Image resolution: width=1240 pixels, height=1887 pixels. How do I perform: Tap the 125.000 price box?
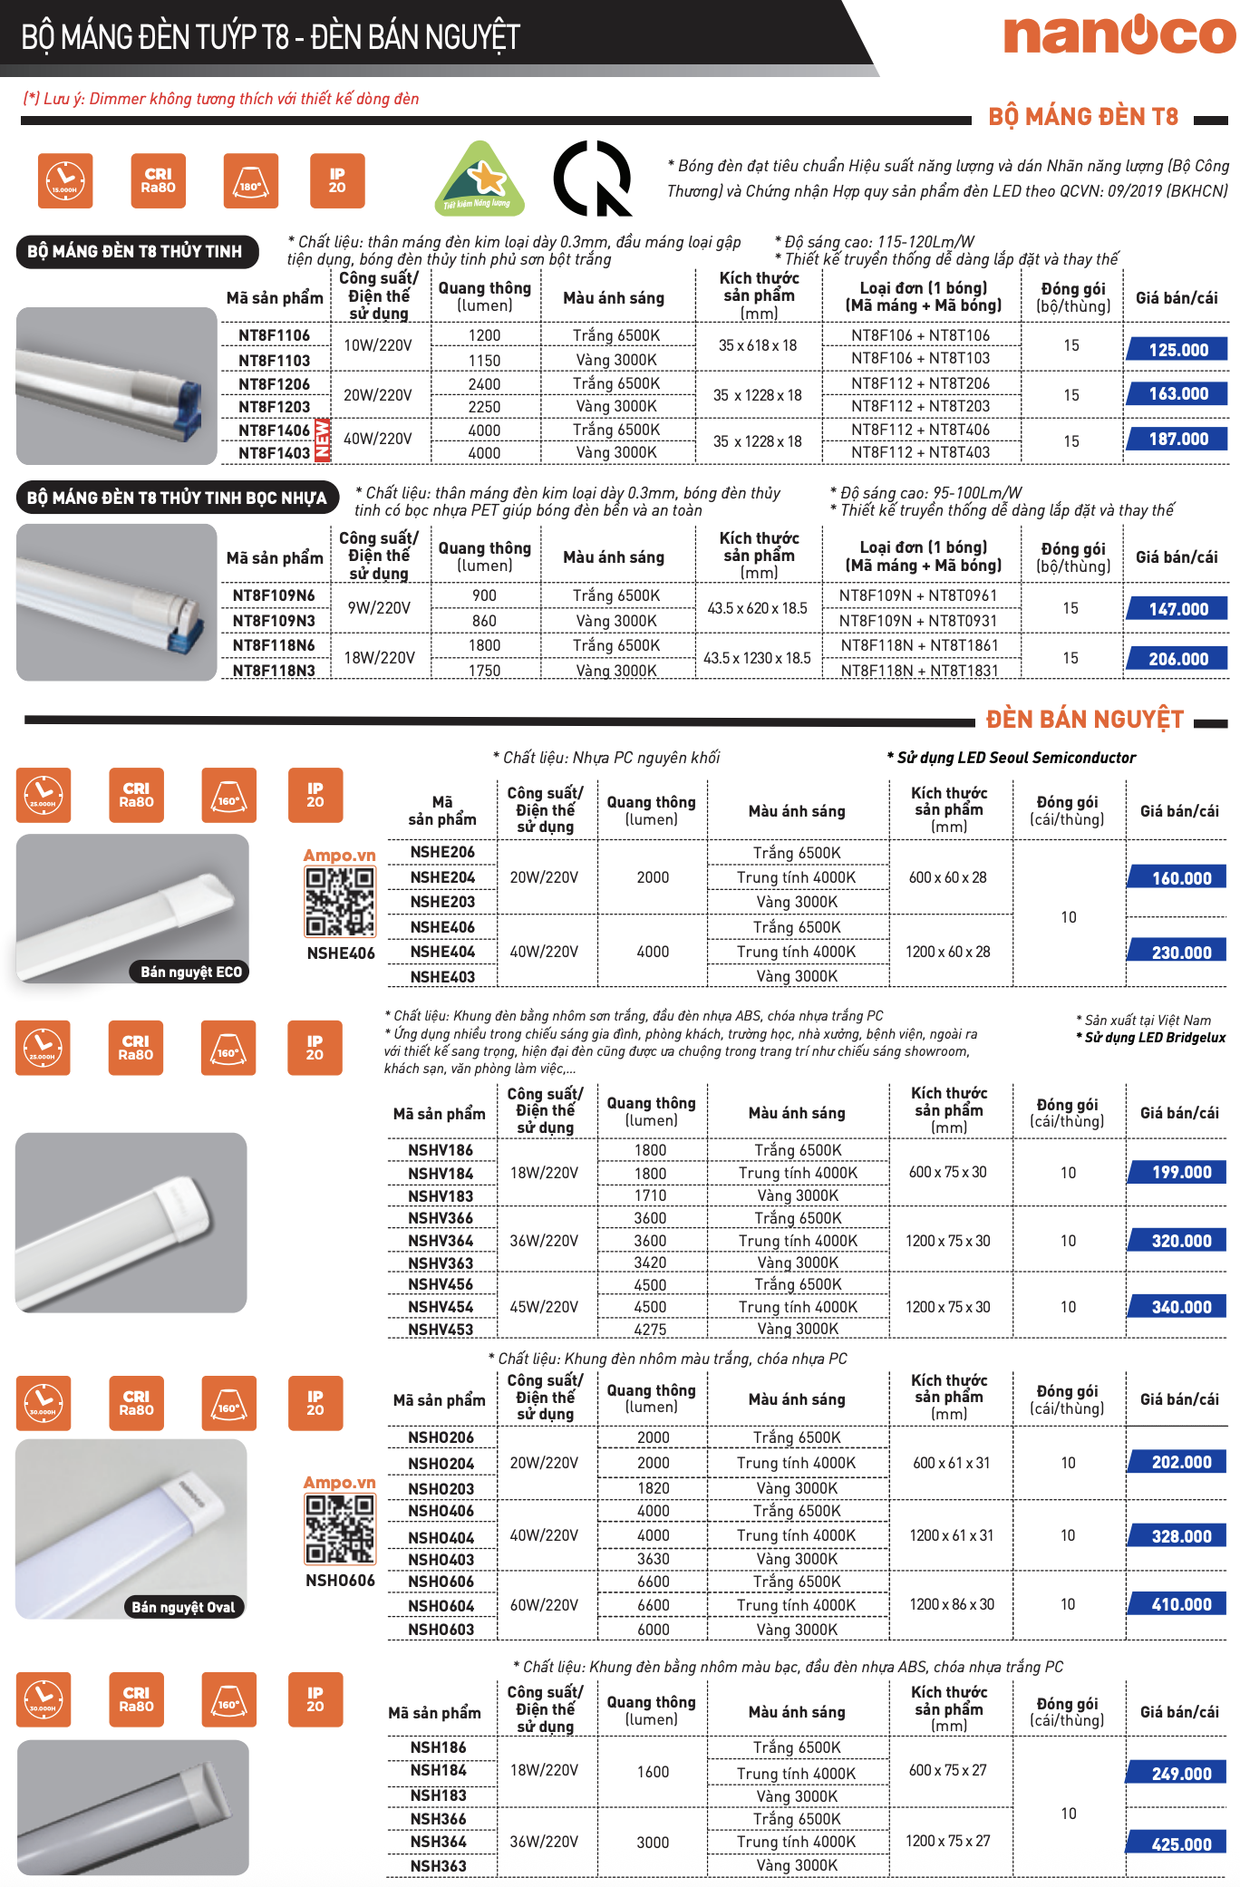pyautogui.click(x=1177, y=350)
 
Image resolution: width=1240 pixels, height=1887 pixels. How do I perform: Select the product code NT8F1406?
pyautogui.click(x=274, y=430)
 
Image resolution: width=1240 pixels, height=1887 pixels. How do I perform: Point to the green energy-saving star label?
pyautogui.click(x=479, y=179)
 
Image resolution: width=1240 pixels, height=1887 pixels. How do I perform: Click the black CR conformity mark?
pyautogui.click(x=592, y=179)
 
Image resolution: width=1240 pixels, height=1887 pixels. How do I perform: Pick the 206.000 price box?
pyautogui.click(x=1177, y=659)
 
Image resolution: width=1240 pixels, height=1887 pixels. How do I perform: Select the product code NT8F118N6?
pyautogui.click(x=274, y=645)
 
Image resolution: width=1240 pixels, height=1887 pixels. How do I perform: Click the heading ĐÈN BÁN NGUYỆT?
pyautogui.click(x=1084, y=720)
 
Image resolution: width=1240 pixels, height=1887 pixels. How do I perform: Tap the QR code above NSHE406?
pyautogui.click(x=340, y=902)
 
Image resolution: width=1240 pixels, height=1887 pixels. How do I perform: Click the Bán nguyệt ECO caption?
pyautogui.click(x=191, y=972)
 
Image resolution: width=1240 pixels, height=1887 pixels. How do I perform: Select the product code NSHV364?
pyautogui.click(x=441, y=1241)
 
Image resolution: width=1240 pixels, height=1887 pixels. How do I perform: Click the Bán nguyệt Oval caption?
pyautogui.click(x=183, y=1607)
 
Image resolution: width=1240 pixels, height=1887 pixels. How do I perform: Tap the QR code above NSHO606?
pyautogui.click(x=340, y=1529)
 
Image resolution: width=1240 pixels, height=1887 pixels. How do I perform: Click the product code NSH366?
pyautogui.click(x=438, y=1819)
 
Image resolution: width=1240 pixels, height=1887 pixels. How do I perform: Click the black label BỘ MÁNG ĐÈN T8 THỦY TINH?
pyautogui.click(x=136, y=251)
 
